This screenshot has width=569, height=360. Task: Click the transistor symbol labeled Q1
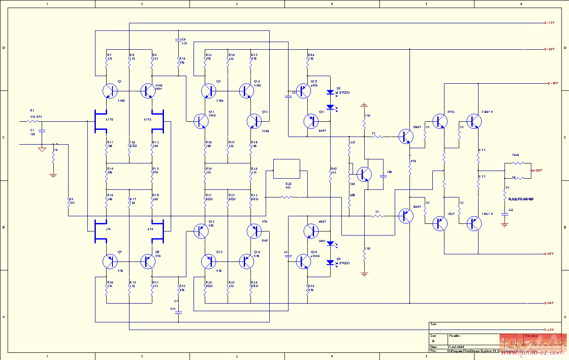pos(109,91)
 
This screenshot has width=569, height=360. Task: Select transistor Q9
pos(208,91)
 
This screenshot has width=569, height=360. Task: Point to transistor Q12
pos(254,121)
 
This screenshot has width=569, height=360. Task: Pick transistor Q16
pos(246,261)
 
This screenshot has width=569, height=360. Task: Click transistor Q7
pos(109,261)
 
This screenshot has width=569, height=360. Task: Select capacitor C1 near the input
pos(42,131)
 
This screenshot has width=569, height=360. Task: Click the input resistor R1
pos(33,121)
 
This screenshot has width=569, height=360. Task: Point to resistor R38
pos(288,197)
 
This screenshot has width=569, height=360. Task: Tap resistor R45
pos(330,177)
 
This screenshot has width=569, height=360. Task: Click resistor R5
pos(69,202)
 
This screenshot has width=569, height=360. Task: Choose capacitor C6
pos(178,41)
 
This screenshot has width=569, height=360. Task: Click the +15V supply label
pos(550,23)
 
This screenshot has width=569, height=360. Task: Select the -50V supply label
pos(550,303)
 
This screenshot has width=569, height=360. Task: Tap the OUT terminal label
pos(538,170)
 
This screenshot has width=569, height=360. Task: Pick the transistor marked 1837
pos(440,223)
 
